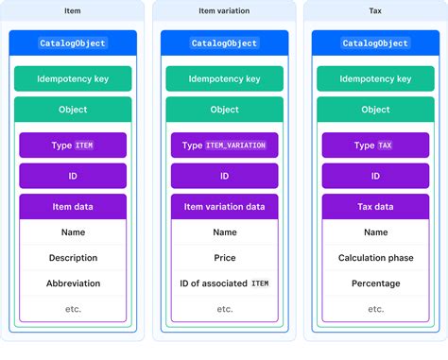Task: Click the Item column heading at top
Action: tap(73, 11)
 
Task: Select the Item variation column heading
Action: tap(224, 11)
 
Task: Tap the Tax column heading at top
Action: tap(375, 11)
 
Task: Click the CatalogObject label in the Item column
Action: tap(73, 43)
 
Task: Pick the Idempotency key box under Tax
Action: tap(375, 79)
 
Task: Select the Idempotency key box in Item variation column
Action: tap(224, 79)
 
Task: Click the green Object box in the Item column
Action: tap(73, 110)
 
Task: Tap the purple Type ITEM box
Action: tap(73, 146)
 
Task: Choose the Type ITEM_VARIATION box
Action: tap(224, 146)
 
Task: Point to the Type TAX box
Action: tap(375, 146)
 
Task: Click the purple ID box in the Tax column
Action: tap(375, 176)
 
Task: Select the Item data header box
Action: tap(73, 207)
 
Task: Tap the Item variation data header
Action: tap(224, 207)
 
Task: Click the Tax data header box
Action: tap(375, 207)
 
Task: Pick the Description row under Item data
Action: tap(73, 258)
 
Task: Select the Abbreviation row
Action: tap(73, 283)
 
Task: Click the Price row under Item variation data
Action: tap(224, 258)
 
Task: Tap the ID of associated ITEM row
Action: tap(224, 283)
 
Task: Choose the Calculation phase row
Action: tap(375, 258)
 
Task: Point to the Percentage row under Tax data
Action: tap(375, 283)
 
